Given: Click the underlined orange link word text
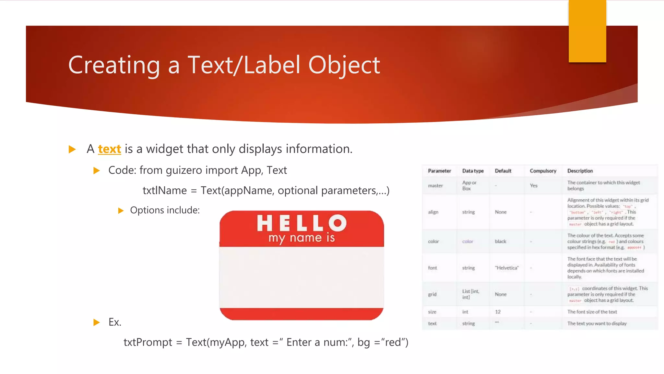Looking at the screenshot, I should (110, 149).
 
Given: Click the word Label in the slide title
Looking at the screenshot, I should (272, 65).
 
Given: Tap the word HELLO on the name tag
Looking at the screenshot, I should (302, 223).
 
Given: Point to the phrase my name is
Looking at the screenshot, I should (302, 238).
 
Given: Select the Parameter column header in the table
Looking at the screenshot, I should (439, 171).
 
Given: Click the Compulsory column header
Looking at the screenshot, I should (543, 171).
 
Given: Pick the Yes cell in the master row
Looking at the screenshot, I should (534, 185).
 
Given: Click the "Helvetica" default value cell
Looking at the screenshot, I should (507, 268).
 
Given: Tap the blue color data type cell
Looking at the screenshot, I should (468, 241).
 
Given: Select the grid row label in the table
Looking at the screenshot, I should (432, 294).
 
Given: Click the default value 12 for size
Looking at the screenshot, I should (498, 312).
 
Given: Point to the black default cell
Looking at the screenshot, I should (500, 241).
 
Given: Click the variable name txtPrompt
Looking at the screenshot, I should (148, 342).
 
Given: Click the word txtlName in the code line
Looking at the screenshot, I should (165, 190).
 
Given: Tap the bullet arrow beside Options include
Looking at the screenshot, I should (121, 211).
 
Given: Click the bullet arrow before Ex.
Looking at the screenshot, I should (96, 322).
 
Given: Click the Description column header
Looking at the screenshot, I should (580, 171).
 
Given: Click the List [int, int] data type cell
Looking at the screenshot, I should (470, 294).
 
